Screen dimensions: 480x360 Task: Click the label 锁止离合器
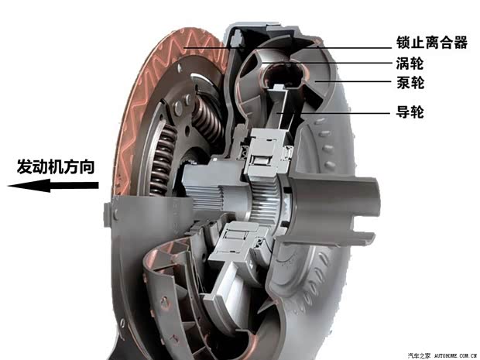pyautogui.click(x=432, y=43)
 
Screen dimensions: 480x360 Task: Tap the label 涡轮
pyautogui.click(x=410, y=63)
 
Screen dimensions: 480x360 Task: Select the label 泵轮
pyautogui.click(x=410, y=83)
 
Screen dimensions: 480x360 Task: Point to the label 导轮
pyautogui.click(x=410, y=111)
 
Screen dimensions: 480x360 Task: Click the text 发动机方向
pyautogui.click(x=56, y=166)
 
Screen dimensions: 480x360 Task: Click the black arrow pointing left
pyautogui.click(x=53, y=186)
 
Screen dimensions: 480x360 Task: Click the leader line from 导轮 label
pyautogui.click(x=333, y=113)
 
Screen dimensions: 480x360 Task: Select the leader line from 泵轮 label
pyautogui.click(x=353, y=82)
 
